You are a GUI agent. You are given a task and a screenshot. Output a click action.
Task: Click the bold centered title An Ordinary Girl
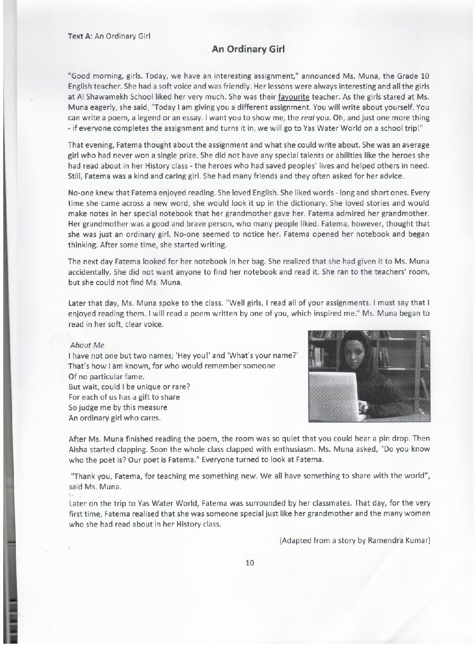pos(248,49)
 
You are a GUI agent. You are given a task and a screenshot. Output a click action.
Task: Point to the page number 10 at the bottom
pos(249,563)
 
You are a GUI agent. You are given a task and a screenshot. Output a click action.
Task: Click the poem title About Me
pos(87,345)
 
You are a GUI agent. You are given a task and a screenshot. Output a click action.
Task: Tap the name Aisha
pos(77,449)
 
